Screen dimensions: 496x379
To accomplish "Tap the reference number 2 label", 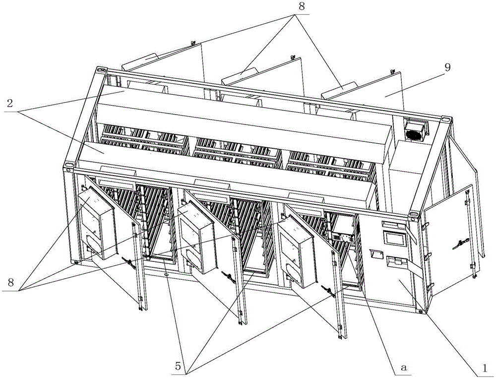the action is point(10,104).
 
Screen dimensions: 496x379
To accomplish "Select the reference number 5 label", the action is point(178,366).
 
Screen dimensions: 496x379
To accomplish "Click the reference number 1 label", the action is point(483,368).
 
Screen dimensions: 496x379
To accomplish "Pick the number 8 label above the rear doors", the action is point(302,7).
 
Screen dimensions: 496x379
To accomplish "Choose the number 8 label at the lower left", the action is point(11,282).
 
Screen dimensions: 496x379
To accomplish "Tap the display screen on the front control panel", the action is point(394,238).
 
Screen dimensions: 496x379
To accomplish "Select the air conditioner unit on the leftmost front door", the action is point(97,221).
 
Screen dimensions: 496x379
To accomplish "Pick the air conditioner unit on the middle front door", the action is point(196,237).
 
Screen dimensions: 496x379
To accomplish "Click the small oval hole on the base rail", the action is point(167,275).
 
